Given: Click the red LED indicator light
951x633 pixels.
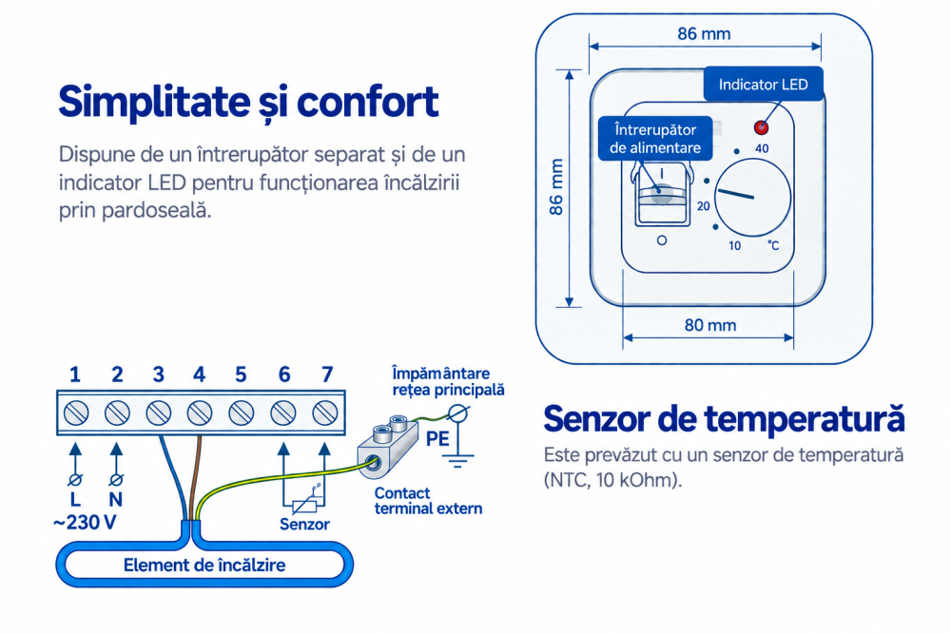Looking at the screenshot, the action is [761, 127].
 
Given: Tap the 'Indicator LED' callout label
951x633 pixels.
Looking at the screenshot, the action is [763, 85].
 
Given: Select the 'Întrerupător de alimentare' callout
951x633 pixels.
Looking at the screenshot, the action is [655, 139].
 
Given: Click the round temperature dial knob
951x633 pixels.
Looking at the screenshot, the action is [752, 197].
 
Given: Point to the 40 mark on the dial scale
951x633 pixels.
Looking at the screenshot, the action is [762, 148].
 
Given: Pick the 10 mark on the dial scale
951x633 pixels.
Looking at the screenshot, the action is [734, 246].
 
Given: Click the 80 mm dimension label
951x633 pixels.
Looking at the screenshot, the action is [710, 326].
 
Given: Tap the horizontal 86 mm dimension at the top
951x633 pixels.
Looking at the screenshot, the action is [704, 34].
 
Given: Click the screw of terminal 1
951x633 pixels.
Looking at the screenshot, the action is [76, 413].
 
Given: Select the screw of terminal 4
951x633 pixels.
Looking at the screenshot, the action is [200, 413].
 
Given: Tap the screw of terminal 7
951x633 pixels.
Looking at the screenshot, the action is [325, 413].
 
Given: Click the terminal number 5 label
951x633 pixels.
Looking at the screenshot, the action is [241, 374].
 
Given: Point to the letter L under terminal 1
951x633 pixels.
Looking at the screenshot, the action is [75, 500].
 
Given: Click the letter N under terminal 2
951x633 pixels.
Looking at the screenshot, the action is [116, 500].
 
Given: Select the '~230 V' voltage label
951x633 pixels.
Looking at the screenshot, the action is [85, 523].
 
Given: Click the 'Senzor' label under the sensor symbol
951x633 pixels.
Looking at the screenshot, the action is [304, 525].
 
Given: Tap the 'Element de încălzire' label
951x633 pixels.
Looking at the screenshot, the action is [204, 566].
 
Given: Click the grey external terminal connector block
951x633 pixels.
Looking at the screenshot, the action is [388, 448].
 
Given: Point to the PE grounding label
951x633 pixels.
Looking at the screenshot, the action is [437, 439].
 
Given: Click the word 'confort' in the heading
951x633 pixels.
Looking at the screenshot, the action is [367, 102].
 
